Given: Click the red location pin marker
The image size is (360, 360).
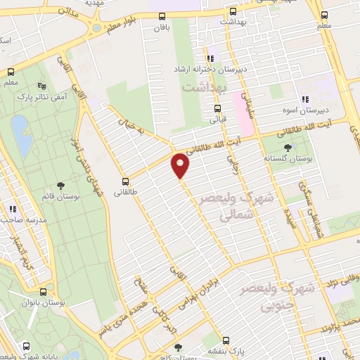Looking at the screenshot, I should click(x=181, y=165).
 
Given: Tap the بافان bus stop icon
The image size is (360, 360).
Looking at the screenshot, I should click(x=163, y=15).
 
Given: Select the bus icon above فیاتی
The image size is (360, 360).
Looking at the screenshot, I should click(x=217, y=109).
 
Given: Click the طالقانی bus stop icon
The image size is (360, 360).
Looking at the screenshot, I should click(x=126, y=181).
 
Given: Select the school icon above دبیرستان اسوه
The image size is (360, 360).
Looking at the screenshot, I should click(x=304, y=101).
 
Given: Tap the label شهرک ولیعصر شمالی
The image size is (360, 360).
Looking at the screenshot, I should click(x=225, y=208).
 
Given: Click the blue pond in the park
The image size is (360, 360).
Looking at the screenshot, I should click(x=20, y=136).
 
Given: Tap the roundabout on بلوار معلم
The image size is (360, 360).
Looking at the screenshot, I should click(x=95, y=29).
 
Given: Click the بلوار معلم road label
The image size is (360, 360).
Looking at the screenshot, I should click(x=125, y=25).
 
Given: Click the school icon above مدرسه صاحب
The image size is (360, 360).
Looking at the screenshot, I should click(x=13, y=208).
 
